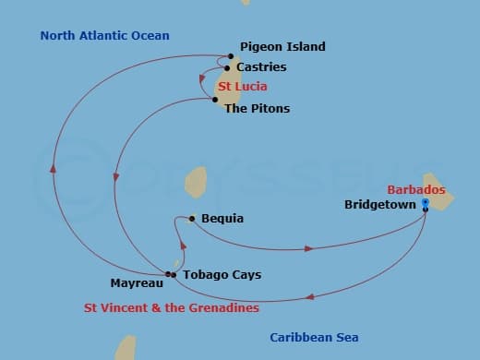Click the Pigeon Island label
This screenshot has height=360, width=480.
click(282, 47)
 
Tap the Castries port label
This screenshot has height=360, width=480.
click(261, 67)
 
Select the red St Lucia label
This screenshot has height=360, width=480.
click(243, 87)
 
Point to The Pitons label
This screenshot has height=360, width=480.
click(257, 109)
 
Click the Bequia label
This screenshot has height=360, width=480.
click(222, 219)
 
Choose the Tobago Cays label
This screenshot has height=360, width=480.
click(222, 275)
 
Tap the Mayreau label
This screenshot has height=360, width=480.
click(137, 283)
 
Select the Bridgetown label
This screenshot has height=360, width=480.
click(380, 205)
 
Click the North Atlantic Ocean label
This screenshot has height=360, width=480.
click(105, 36)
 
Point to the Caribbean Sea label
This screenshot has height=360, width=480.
click(314, 338)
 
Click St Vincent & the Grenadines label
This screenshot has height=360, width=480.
click(171, 308)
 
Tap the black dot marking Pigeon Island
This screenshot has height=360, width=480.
click(231, 56)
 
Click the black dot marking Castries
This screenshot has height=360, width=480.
click(227, 68)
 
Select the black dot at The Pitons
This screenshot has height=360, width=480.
click(215, 100)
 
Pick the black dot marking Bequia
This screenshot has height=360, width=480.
click(192, 219)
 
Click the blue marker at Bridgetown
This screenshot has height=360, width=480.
click(425, 202)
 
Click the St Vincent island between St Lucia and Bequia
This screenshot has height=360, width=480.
click(195, 181)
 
